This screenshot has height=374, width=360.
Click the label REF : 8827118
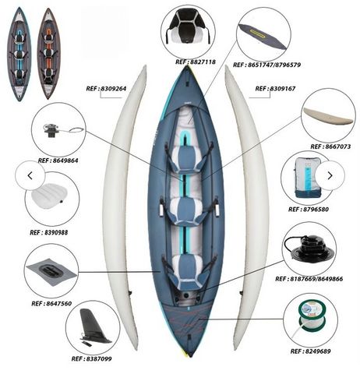[x=196, y=62]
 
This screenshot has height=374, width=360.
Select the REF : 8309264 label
[x=106, y=89]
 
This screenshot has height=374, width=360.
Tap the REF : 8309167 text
[x=275, y=89]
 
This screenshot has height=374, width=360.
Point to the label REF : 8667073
[x=330, y=146]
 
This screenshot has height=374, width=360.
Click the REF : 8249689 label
[x=310, y=351]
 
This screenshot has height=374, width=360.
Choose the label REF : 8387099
[x=91, y=359]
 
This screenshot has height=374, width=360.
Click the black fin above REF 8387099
[x=94, y=326]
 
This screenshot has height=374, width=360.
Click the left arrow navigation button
[x=30, y=175]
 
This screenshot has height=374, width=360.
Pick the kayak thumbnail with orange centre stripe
[x=48, y=54]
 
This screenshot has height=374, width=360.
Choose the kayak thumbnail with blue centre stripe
[x=19, y=54]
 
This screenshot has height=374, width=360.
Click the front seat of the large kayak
[x=186, y=160]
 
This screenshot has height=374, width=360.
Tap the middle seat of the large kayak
[x=186, y=211]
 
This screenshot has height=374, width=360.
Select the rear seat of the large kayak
[x=186, y=271]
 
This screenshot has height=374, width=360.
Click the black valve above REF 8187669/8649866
[x=309, y=248]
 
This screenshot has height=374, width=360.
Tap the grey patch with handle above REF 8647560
[x=51, y=272]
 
